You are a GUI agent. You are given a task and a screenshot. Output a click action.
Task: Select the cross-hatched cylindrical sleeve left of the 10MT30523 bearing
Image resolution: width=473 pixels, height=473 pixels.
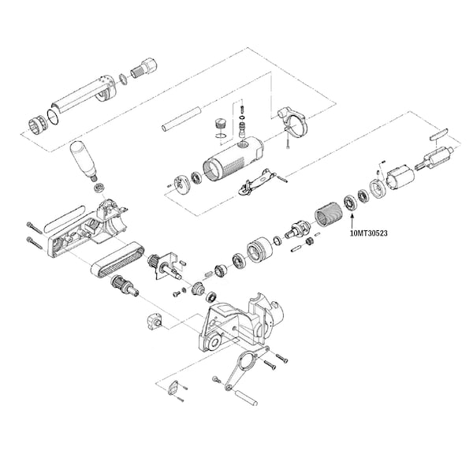point(326,213)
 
